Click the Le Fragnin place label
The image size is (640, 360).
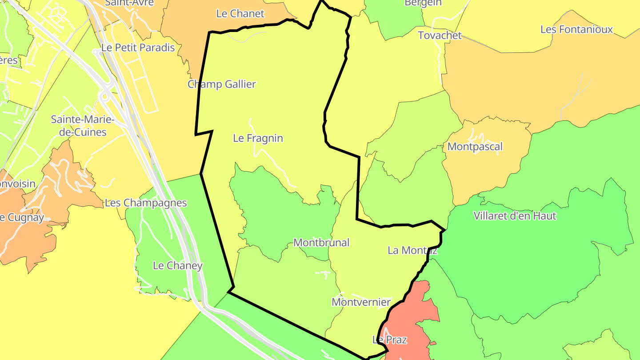258,138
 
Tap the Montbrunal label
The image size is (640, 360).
321,243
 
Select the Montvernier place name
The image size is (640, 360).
361,302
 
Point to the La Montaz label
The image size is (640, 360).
412,250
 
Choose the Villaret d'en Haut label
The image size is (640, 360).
515,216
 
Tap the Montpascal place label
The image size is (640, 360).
475,147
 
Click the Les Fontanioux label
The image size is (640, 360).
576,30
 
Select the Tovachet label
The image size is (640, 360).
440,36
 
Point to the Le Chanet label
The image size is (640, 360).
240,14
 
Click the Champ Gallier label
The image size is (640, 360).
222,84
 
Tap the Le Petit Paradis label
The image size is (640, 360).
138,48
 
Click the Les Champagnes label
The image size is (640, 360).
146,203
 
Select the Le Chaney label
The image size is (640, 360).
177,266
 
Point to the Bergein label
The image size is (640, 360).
423,3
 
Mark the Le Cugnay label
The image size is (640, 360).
22,218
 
